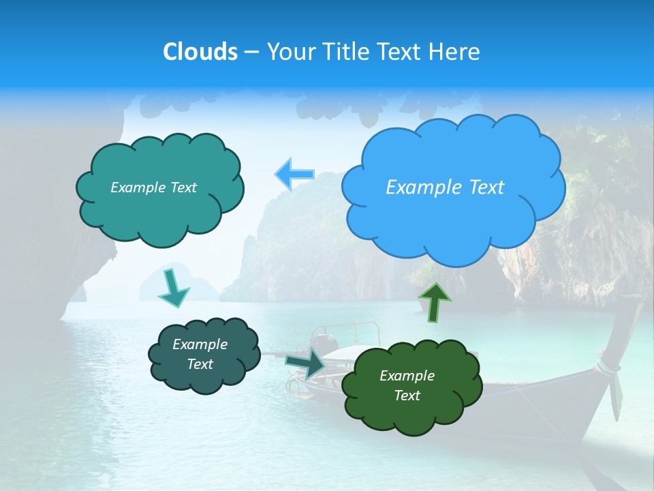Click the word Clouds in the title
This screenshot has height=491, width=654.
click(x=200, y=52)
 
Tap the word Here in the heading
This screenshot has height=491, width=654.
click(x=455, y=52)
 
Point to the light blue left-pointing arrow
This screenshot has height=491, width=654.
click(x=295, y=174)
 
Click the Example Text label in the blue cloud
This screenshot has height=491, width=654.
click(x=445, y=188)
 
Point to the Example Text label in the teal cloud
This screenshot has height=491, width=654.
click(x=153, y=188)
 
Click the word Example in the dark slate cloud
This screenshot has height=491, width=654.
click(x=200, y=344)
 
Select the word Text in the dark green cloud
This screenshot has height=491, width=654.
click(x=407, y=396)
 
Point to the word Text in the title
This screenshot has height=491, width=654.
click(x=402, y=52)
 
